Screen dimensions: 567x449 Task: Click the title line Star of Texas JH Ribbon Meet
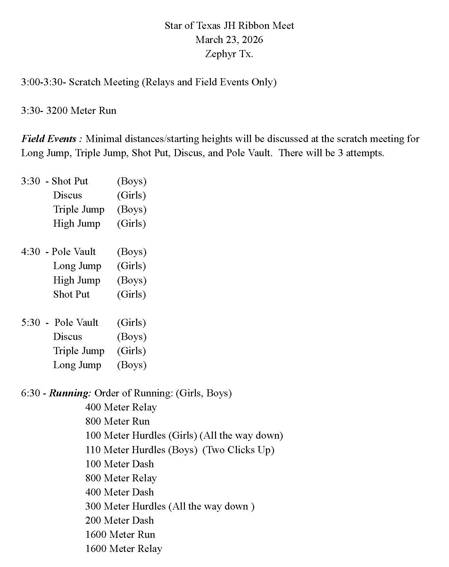tap(229, 25)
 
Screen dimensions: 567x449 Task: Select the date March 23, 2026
tap(229, 39)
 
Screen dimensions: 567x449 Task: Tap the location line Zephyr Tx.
tap(229, 54)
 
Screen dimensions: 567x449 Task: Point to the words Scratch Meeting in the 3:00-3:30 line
tap(104, 82)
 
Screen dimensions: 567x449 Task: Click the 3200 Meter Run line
tap(69, 111)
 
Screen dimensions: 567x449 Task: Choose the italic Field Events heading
tap(49, 139)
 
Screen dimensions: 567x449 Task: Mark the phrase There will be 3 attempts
tap(331, 153)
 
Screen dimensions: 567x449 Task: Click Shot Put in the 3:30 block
tap(70, 181)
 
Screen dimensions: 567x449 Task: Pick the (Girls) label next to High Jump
tap(131, 224)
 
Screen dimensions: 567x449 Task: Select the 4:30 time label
tap(31, 251)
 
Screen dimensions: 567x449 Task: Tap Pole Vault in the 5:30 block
tap(76, 322)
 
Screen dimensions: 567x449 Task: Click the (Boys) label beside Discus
tap(131, 337)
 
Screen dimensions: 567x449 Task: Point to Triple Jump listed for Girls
tap(79, 351)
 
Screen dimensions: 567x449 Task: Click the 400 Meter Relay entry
tap(121, 407)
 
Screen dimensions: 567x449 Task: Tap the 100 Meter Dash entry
tap(119, 464)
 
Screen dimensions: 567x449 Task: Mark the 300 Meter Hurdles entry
tap(125, 506)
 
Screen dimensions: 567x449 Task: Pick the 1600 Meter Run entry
tap(120, 535)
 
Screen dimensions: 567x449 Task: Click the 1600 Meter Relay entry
tap(123, 549)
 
